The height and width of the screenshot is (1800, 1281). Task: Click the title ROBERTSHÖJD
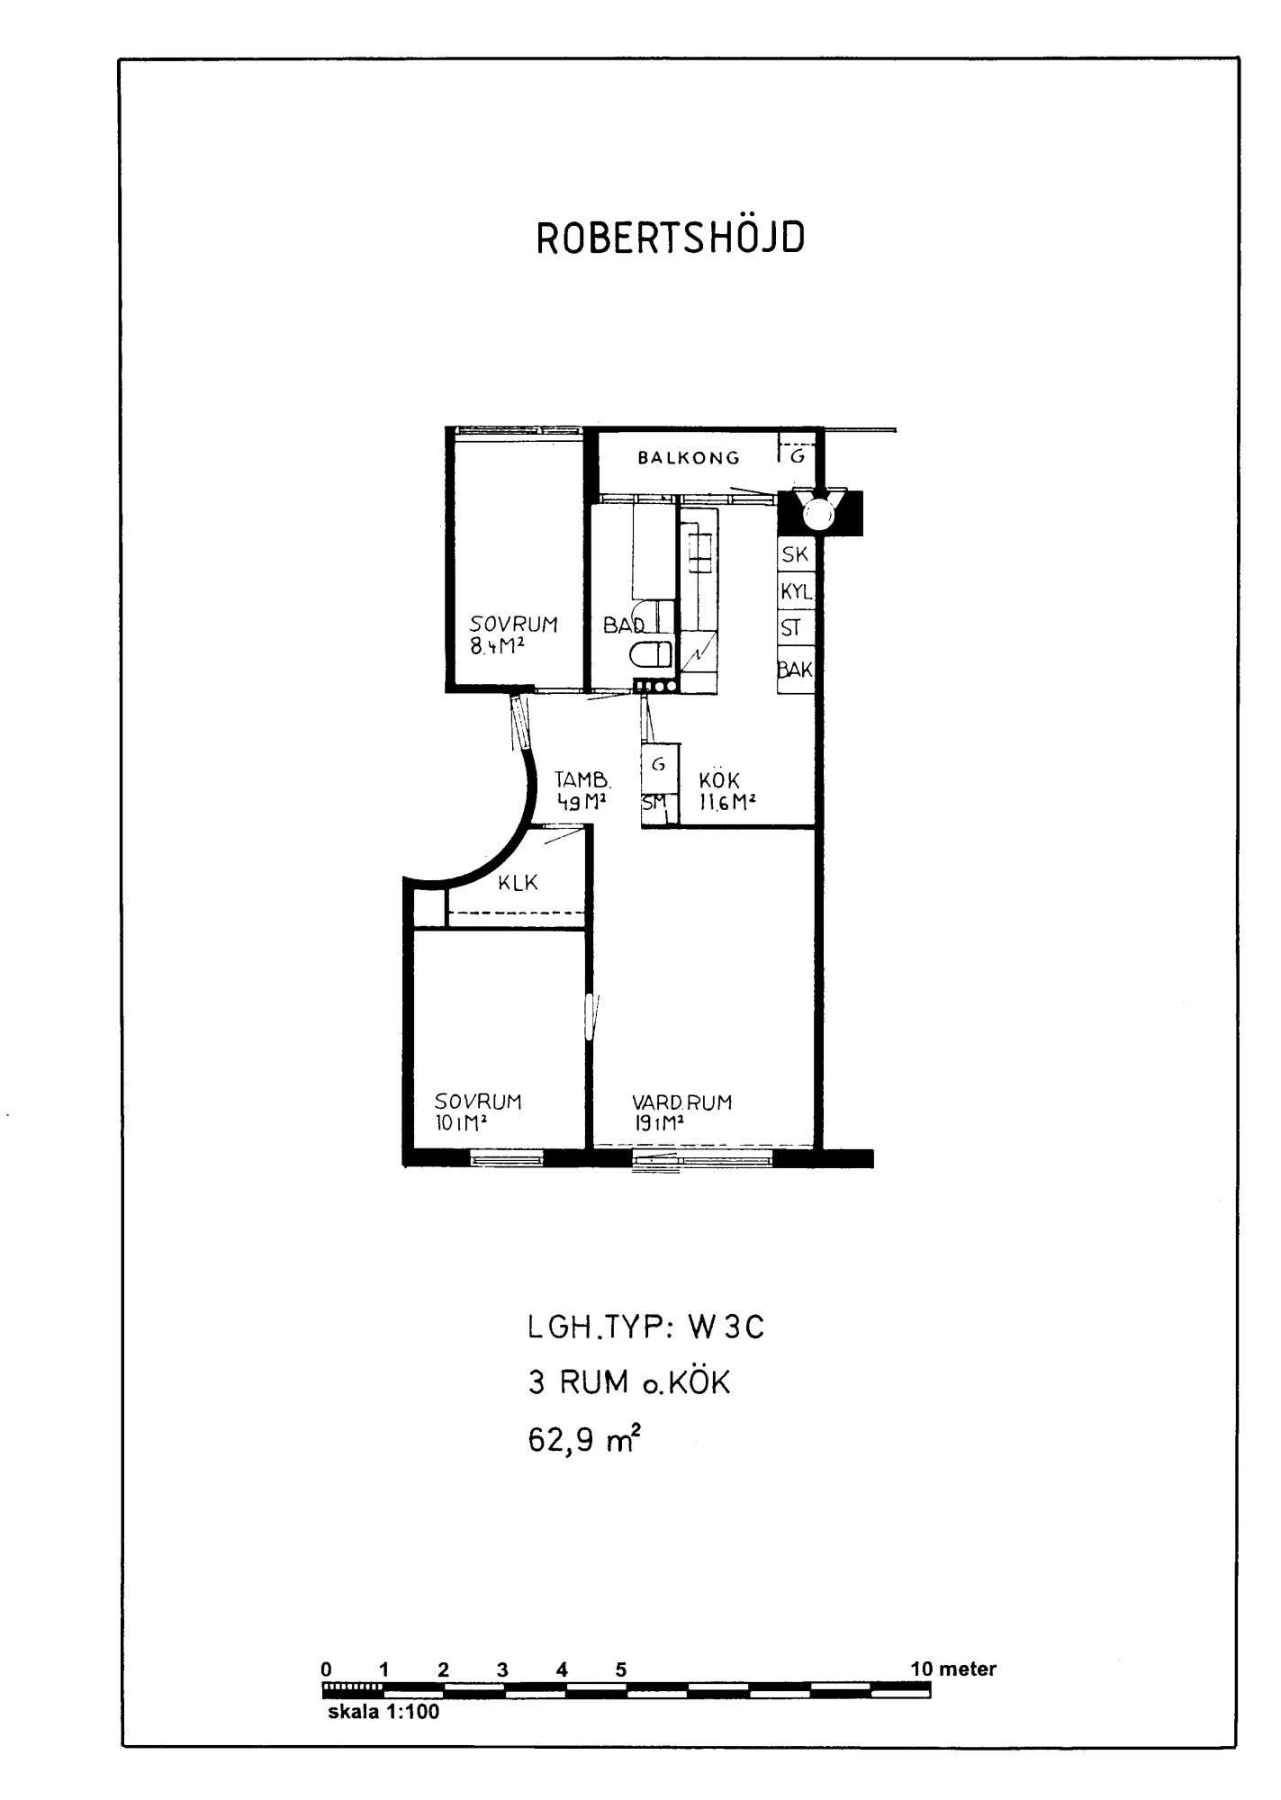coord(671,238)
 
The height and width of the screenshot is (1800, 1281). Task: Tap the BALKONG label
coord(689,457)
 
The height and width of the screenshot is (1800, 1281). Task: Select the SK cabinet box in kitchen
coord(796,554)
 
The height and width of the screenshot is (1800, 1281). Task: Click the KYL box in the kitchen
coord(796,591)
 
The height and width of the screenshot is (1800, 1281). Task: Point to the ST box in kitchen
coord(796,627)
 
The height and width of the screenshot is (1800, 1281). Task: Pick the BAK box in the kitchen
coord(796,669)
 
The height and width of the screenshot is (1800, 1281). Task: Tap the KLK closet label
coord(518,883)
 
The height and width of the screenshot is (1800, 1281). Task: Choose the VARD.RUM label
coord(681,1102)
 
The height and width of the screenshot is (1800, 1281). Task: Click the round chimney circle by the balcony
coord(819,514)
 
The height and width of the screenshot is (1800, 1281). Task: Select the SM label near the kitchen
coord(654,801)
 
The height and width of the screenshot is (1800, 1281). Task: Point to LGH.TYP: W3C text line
coord(646,1327)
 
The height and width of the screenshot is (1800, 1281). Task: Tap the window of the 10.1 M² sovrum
coord(508,1159)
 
